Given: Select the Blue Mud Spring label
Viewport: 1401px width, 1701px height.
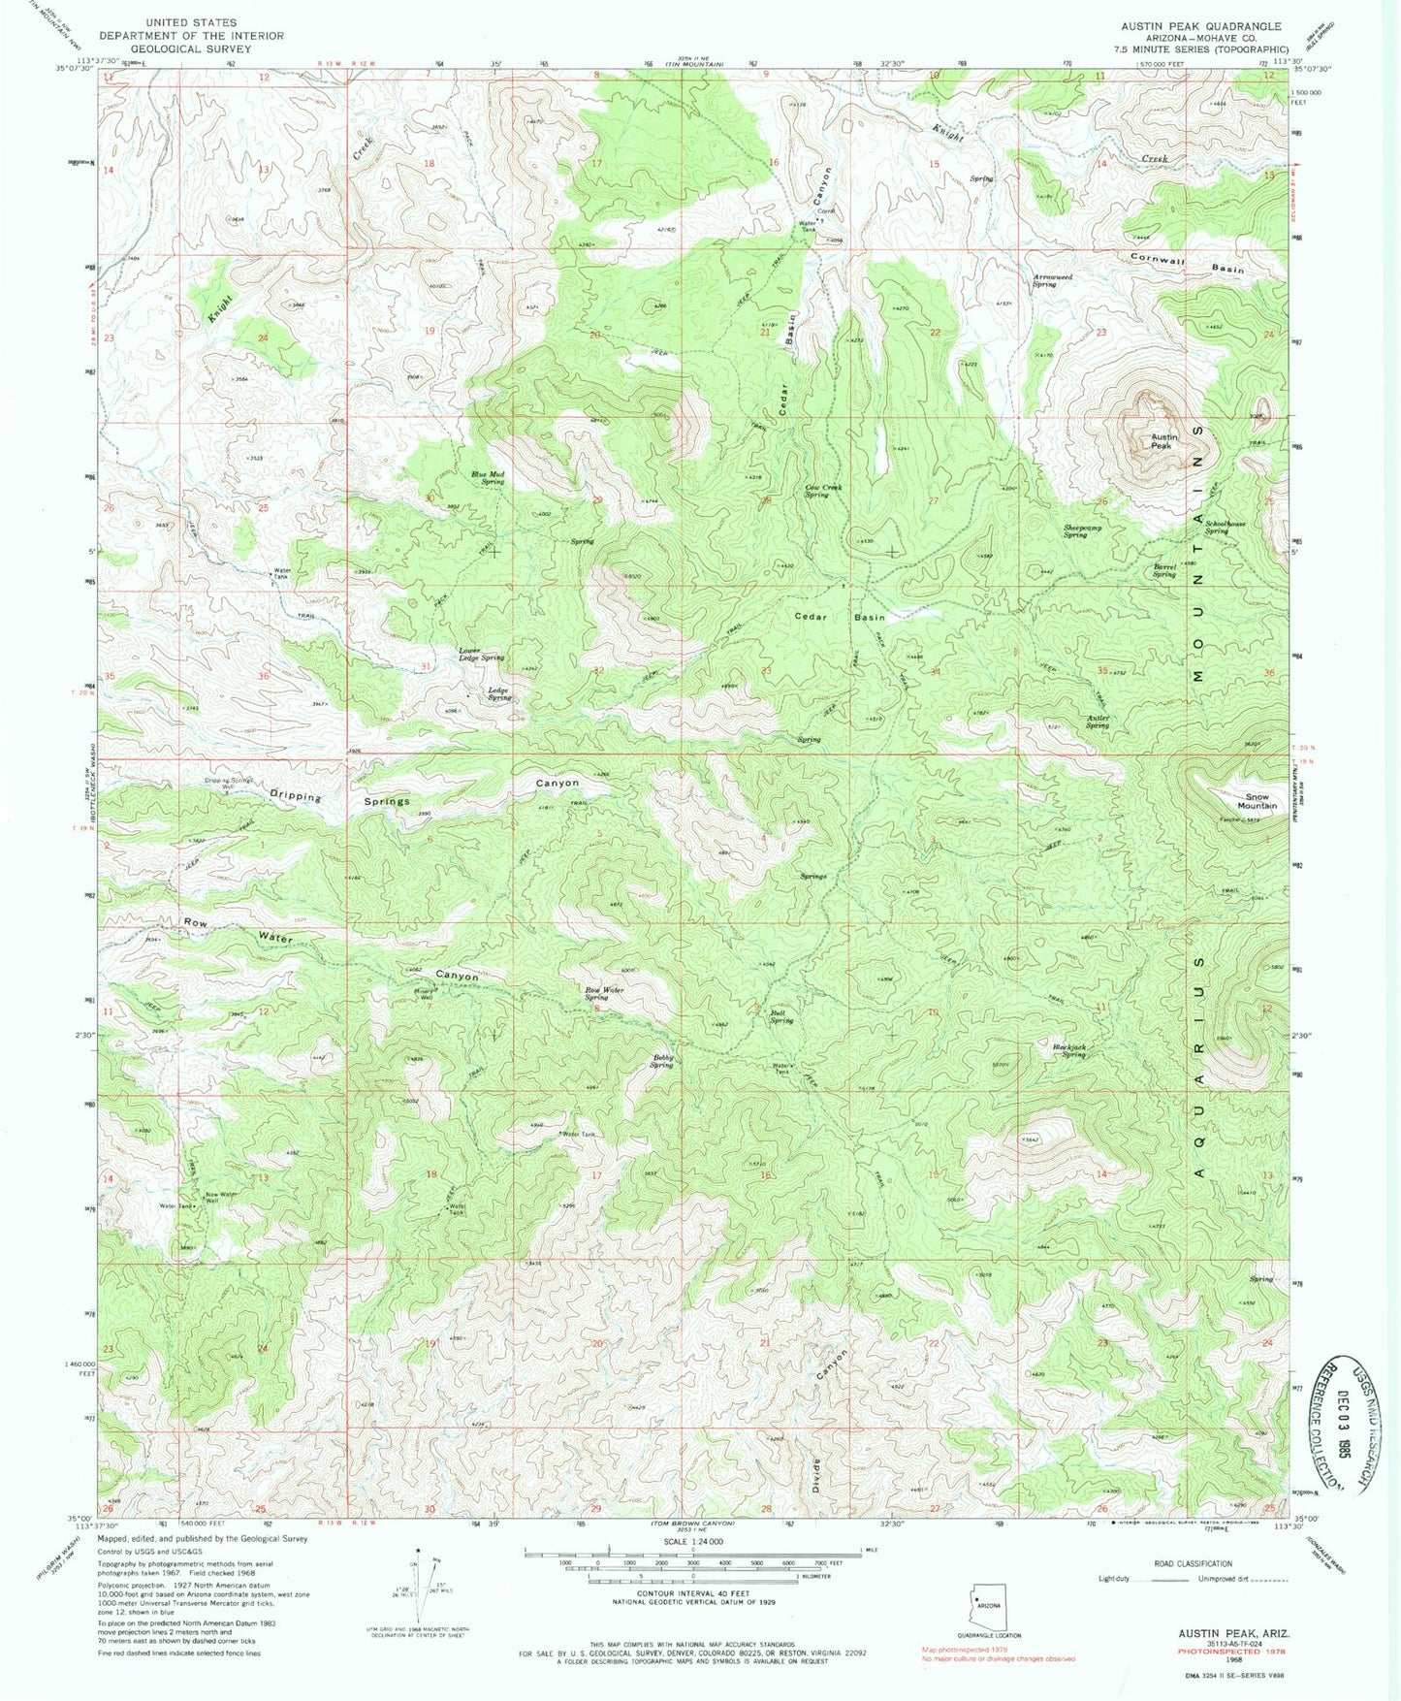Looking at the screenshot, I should pyautogui.click(x=488, y=477).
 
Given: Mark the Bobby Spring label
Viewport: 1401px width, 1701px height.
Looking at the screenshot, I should pyautogui.click(x=662, y=1061).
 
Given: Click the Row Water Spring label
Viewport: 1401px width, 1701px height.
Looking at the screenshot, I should pyautogui.click(x=603, y=993).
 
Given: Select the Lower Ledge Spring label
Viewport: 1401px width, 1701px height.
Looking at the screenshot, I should pyautogui.click(x=481, y=655).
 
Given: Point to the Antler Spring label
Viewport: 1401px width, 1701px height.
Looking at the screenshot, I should pyautogui.click(x=1097, y=722).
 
